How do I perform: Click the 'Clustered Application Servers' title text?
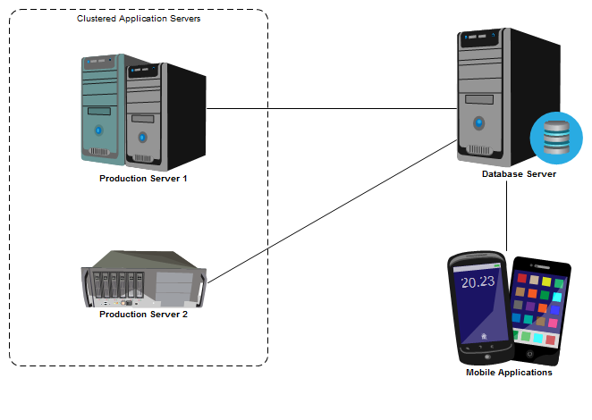pyautogui.click(x=138, y=19)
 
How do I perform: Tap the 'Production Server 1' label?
pyautogui.click(x=143, y=179)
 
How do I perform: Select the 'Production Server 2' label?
pyautogui.click(x=143, y=315)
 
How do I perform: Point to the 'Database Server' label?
pyautogui.click(x=519, y=174)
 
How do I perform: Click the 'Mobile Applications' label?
pyautogui.click(x=509, y=373)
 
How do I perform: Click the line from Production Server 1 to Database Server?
pyautogui.click(x=331, y=109)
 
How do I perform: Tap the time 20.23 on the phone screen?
pyautogui.click(x=477, y=282)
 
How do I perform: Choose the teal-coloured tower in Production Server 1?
pyautogui.click(x=100, y=107)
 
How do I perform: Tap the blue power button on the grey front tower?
pyautogui.click(x=142, y=139)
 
